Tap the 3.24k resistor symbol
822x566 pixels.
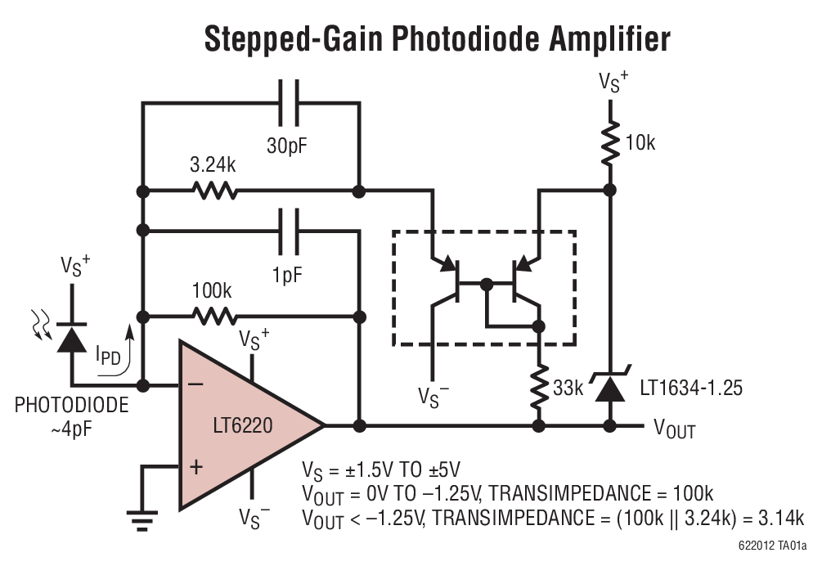click(x=214, y=191)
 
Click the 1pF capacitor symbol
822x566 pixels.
click(x=288, y=232)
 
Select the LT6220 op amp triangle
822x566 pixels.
click(x=241, y=425)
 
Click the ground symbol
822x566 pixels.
click(x=142, y=515)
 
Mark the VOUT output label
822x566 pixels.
click(x=674, y=427)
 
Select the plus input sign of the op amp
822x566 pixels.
click(x=195, y=467)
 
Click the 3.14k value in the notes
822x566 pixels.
click(x=776, y=518)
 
